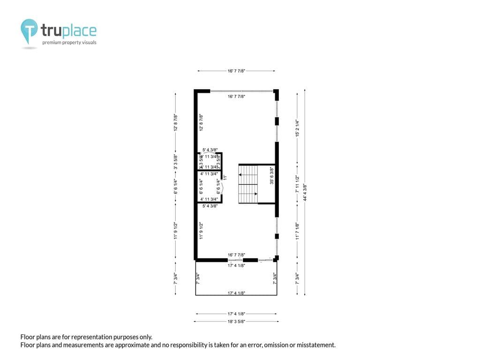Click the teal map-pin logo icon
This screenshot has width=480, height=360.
click(x=29, y=30)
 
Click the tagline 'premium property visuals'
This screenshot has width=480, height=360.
click(x=69, y=43)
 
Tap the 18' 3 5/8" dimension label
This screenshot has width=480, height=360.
click(x=236, y=322)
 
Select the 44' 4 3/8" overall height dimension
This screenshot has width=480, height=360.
click(x=305, y=192)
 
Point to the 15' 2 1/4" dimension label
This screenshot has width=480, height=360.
click(x=297, y=127)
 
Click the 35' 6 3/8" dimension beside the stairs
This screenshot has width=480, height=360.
click(x=272, y=176)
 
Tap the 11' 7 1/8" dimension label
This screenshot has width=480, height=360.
click(x=297, y=231)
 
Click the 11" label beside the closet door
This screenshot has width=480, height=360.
click(x=225, y=177)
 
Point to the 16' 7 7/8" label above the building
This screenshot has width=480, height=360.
click(x=236, y=71)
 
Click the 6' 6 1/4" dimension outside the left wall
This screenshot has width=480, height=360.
click(x=176, y=186)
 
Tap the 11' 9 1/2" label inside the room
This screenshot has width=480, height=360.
click(x=201, y=231)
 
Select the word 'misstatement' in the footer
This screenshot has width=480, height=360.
click(x=315, y=345)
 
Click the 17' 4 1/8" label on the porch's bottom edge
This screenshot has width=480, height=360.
click(x=236, y=293)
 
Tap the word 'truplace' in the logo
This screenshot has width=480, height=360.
click(x=68, y=31)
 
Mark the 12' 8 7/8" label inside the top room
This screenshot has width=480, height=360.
click(x=201, y=122)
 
